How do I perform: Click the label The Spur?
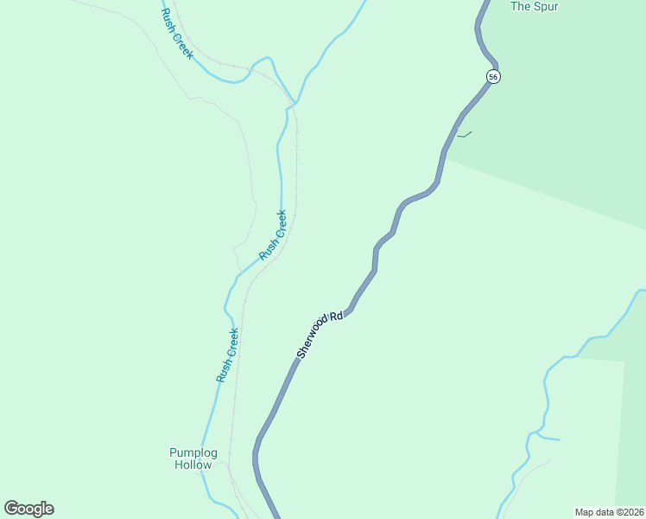tap(535, 7)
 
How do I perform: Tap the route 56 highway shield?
tap(493, 76)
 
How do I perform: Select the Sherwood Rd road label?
tap(320, 335)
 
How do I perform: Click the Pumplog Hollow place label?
tap(193, 458)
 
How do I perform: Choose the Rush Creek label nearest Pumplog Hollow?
tap(227, 355)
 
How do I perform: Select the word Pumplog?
tap(193, 452)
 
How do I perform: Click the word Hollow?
tap(193, 465)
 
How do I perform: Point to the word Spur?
tap(547, 7)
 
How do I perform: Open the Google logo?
tap(28, 509)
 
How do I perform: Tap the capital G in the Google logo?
tap(11, 508)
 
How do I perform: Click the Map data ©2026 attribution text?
tap(609, 511)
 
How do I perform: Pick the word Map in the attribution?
tap(585, 511)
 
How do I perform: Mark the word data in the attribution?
tap(604, 511)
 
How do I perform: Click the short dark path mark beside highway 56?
tap(465, 134)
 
